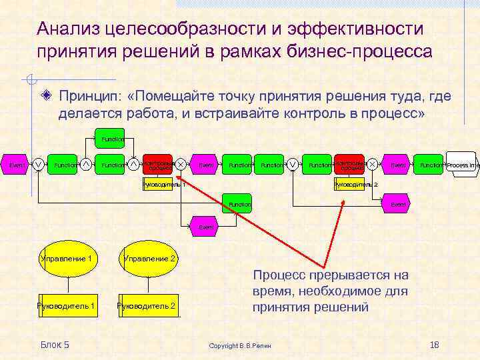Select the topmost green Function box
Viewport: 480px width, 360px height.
[111, 139]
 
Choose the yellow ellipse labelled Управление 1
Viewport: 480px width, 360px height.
[67, 258]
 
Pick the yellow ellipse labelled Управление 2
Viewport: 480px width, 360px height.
[150, 258]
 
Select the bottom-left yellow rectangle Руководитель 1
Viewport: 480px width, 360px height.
[67, 306]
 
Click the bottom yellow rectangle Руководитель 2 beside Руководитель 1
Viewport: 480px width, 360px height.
[147, 306]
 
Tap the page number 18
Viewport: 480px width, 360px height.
[435, 344]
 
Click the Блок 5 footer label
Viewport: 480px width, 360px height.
[55, 344]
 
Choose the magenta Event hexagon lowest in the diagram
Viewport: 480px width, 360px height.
[206, 227]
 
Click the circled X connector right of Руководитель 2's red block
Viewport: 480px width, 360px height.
[373, 164]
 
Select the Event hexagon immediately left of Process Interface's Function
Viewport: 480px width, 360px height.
[398, 164]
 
